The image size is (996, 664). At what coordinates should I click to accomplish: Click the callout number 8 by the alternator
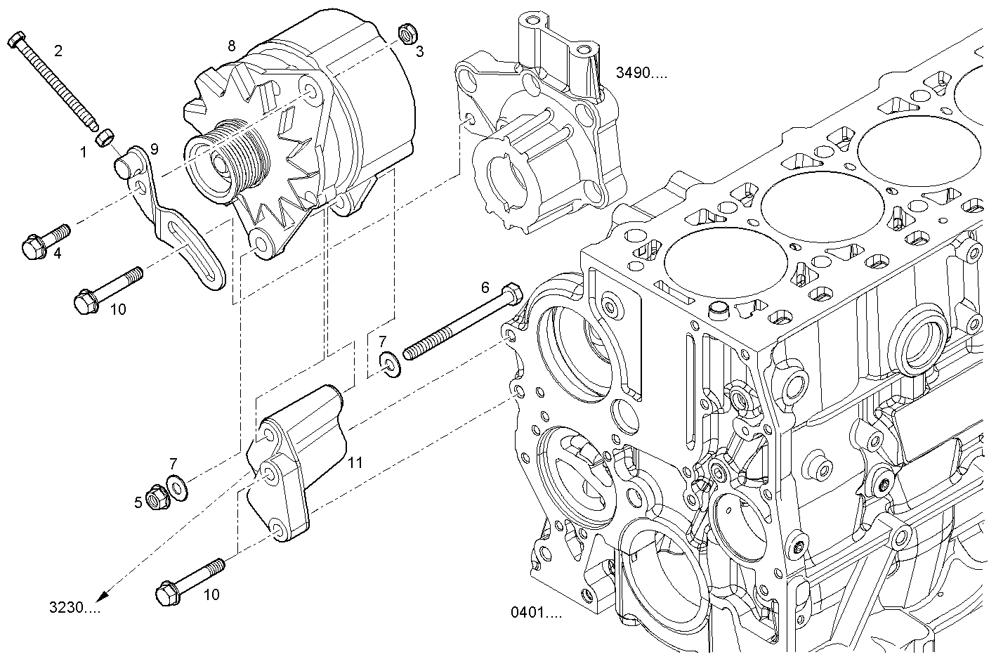[231, 46]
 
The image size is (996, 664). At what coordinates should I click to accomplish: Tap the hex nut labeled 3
[405, 32]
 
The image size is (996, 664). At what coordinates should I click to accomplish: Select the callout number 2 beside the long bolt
[58, 50]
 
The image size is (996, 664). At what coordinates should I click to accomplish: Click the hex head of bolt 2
[18, 39]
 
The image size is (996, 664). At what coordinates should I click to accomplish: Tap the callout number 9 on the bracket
[154, 149]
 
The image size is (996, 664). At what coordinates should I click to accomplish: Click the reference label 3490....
[641, 72]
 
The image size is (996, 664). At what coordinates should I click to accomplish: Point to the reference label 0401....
[537, 613]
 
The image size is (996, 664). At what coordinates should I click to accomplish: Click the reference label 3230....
[74, 607]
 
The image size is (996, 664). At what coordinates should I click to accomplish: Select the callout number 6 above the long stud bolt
[485, 287]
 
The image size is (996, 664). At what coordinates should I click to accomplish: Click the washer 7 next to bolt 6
[391, 363]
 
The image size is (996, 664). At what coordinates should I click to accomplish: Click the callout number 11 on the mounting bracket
[355, 462]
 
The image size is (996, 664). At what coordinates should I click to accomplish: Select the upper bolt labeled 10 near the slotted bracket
[105, 290]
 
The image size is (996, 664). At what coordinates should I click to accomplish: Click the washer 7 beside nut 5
[176, 486]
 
